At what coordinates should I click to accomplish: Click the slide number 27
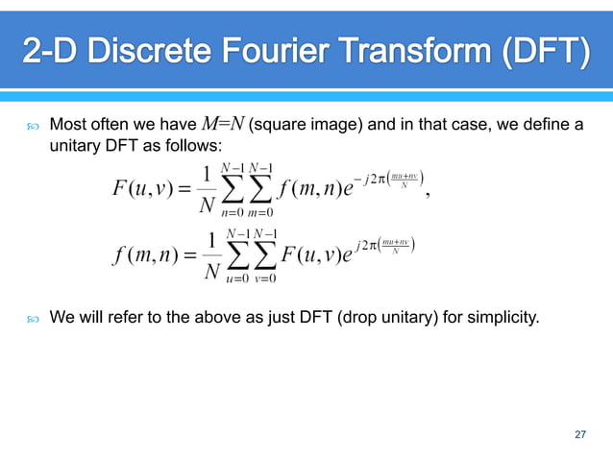coord(579,436)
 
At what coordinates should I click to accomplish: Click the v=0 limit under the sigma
coord(266,280)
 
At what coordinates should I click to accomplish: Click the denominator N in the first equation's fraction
coord(204,205)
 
